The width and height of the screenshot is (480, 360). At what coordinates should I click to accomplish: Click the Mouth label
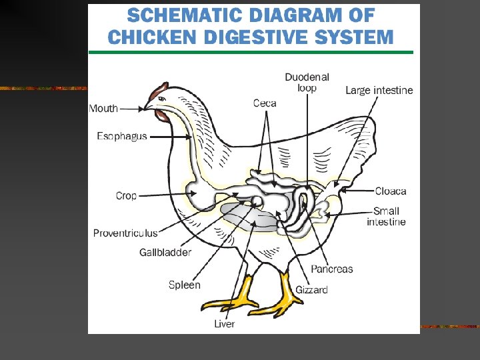[x=103, y=108]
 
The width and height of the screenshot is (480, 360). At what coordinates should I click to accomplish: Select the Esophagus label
[x=122, y=137]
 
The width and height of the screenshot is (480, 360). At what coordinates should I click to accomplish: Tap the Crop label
[x=126, y=195]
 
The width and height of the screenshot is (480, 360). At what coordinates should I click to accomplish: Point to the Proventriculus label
[x=125, y=233]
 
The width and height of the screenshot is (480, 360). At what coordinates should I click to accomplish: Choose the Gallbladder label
[x=165, y=252]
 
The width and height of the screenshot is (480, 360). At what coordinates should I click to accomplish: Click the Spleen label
[x=184, y=285]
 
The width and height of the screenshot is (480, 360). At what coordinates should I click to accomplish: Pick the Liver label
[x=224, y=323]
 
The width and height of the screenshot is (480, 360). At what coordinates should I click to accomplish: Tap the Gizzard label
[x=311, y=289]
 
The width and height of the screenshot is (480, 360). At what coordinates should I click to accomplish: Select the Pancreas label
[x=331, y=269]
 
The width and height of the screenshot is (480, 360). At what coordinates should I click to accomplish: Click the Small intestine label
[x=386, y=217]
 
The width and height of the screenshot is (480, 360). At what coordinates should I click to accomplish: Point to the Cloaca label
[x=390, y=191]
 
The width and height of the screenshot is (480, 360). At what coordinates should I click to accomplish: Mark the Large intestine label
[x=379, y=91]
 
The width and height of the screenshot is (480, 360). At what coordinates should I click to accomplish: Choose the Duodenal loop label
[x=307, y=83]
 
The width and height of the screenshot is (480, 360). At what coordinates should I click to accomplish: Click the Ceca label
[x=265, y=103]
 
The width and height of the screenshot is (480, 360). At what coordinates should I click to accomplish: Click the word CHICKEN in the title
[x=149, y=37]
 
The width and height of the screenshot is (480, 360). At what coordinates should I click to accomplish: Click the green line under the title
[x=251, y=52]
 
